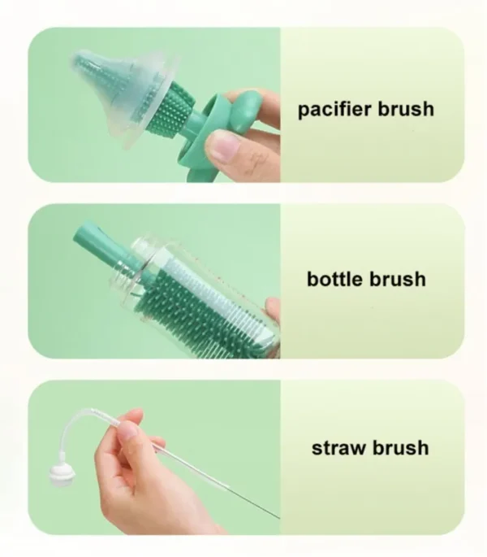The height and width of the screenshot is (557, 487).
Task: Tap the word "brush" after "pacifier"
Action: tap(406, 109)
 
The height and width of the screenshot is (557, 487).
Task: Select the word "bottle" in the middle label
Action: tap(335, 279)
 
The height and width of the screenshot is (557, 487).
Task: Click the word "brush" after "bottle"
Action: tap(398, 279)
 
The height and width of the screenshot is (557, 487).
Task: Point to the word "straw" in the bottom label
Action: tap(338, 448)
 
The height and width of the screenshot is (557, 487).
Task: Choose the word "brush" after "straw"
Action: tap(400, 447)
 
